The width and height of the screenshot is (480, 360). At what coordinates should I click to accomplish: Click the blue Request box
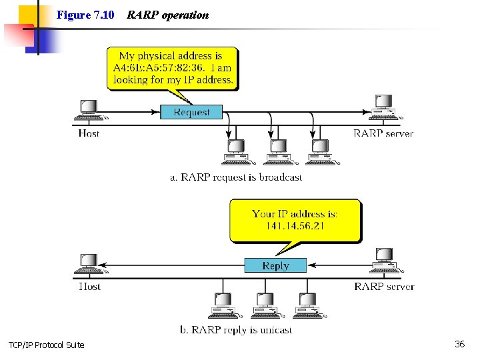(x=191, y=112)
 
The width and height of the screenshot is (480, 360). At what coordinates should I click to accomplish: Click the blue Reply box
(x=275, y=265)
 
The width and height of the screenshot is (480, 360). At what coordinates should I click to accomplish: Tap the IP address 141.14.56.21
(x=295, y=227)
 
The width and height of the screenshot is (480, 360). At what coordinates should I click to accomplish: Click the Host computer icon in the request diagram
(x=89, y=110)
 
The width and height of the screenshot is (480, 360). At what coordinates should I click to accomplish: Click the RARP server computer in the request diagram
(x=383, y=106)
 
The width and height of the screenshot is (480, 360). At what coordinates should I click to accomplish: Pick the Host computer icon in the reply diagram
(x=89, y=263)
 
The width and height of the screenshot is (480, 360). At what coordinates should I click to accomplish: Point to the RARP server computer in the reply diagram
(x=384, y=259)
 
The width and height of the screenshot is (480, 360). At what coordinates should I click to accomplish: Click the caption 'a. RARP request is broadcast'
(x=236, y=177)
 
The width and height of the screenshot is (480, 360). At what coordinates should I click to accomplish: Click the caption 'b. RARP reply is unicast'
(x=236, y=330)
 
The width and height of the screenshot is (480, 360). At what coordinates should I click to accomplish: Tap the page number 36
(x=459, y=344)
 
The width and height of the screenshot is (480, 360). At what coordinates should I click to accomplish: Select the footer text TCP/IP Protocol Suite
(x=47, y=345)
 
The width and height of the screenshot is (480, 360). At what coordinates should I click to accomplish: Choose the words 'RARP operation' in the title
(x=167, y=15)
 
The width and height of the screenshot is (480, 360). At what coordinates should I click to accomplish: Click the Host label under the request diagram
(x=89, y=133)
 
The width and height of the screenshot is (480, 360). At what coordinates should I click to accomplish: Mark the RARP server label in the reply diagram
(x=384, y=287)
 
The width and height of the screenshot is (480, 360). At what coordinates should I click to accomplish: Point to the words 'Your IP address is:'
(x=295, y=214)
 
